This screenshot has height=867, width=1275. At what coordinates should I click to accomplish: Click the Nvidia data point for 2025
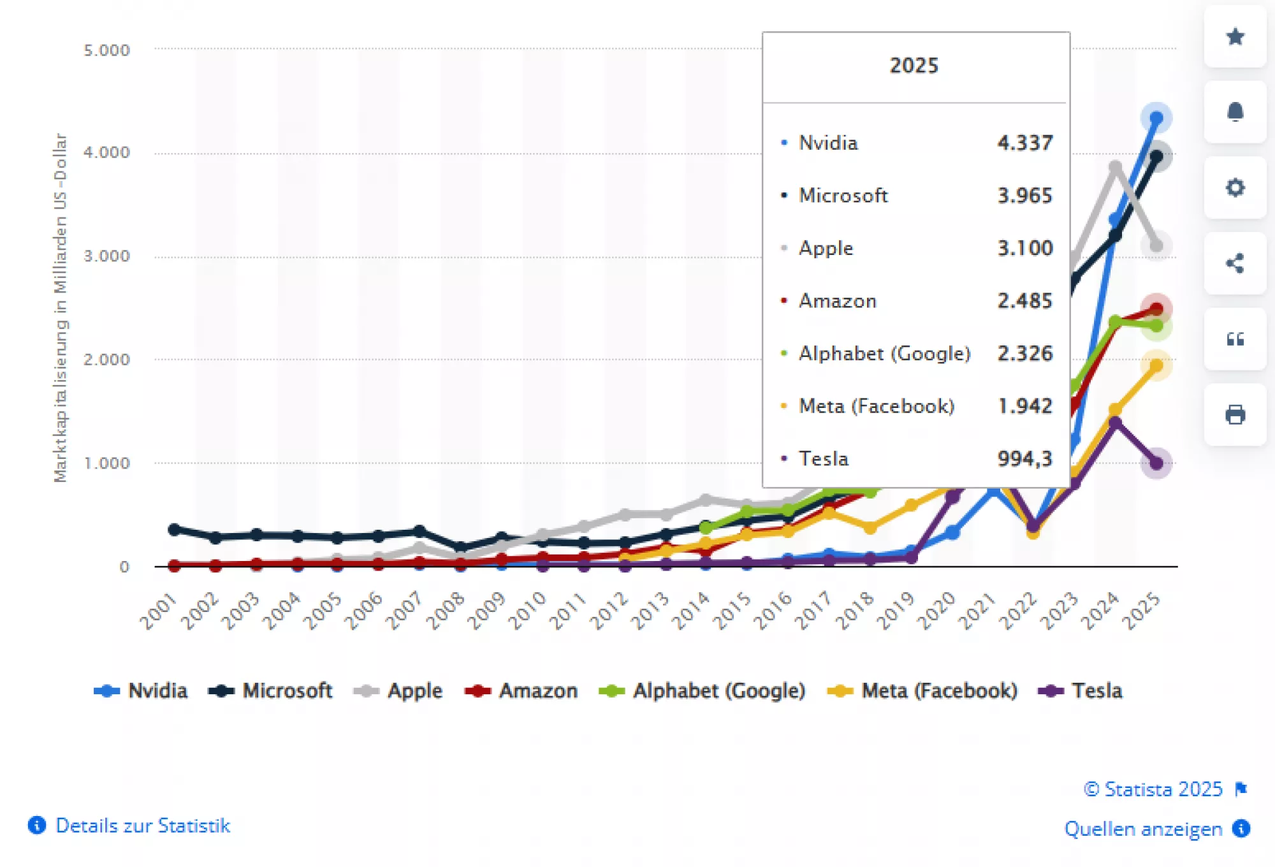(1156, 118)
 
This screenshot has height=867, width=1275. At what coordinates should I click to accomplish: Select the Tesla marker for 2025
(1156, 463)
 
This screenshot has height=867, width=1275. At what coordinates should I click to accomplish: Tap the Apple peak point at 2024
(1115, 168)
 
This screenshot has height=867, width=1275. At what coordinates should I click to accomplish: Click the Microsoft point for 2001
(174, 529)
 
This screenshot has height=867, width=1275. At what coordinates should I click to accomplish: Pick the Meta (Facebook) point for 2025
(1156, 365)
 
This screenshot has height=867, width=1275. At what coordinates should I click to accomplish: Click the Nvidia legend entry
(142, 691)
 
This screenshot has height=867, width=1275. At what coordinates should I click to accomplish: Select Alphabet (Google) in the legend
(703, 691)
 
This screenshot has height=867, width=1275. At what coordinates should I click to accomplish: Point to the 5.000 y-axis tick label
(106, 50)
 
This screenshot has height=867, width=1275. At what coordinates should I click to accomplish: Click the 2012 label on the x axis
(609, 610)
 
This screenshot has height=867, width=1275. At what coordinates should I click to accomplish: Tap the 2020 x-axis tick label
(936, 610)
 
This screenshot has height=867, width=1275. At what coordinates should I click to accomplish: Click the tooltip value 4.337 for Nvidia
(1024, 143)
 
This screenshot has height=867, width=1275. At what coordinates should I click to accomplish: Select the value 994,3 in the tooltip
(1024, 459)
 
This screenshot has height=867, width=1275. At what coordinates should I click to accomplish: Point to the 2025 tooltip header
(914, 66)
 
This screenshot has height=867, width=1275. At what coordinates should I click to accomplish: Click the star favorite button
(1235, 36)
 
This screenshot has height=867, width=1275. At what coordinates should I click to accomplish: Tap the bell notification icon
(1235, 112)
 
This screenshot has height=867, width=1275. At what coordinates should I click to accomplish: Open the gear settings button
(1235, 187)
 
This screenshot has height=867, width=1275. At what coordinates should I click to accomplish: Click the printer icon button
(1235, 415)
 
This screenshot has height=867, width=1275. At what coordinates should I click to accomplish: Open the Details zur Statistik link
(142, 826)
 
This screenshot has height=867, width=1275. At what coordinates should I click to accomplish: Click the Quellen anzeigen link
(1143, 829)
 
